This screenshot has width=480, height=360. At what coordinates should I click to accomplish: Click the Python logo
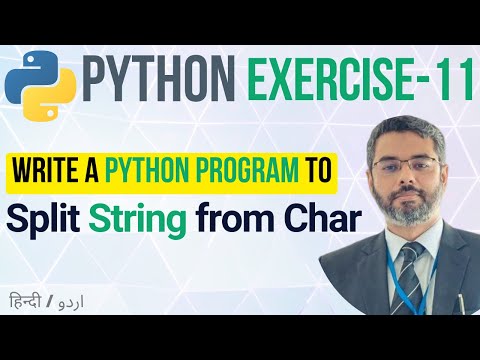coord(40,85)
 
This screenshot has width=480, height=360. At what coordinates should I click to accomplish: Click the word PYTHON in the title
coord(159,79)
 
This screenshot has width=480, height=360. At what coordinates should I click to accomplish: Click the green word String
coord(137,220)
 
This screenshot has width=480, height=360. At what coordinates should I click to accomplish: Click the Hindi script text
coord(25,300)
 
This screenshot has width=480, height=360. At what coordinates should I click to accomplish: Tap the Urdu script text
coord(70,303)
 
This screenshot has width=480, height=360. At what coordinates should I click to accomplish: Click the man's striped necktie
coord(407,277)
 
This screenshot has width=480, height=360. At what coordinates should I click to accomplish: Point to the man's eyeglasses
coord(407,164)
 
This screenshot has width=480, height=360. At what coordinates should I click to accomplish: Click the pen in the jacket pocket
coord(461,303)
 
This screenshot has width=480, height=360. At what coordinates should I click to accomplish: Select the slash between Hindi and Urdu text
coord(50,302)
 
